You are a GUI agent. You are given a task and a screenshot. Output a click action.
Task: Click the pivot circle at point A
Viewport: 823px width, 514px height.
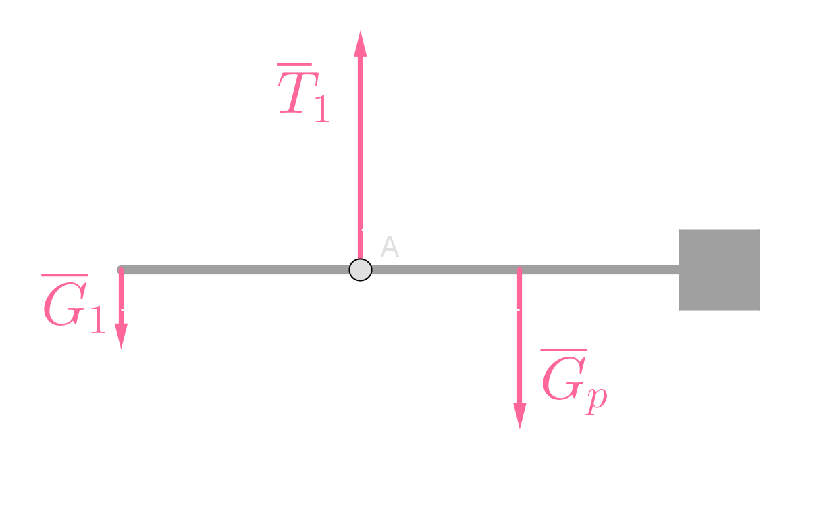coord(361,269)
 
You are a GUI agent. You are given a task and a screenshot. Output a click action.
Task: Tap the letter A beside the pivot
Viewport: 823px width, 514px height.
coord(390,248)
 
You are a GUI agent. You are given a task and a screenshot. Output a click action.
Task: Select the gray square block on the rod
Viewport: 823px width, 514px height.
coord(719,269)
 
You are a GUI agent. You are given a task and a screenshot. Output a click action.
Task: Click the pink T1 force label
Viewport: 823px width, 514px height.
coord(304,95)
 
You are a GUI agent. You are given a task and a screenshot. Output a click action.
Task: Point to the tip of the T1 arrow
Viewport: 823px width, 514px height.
coord(361,34)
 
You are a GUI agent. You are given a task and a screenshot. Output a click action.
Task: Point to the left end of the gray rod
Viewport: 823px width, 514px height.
coord(121,270)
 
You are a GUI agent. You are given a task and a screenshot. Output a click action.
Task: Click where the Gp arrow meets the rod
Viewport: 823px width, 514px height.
coord(520,270)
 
